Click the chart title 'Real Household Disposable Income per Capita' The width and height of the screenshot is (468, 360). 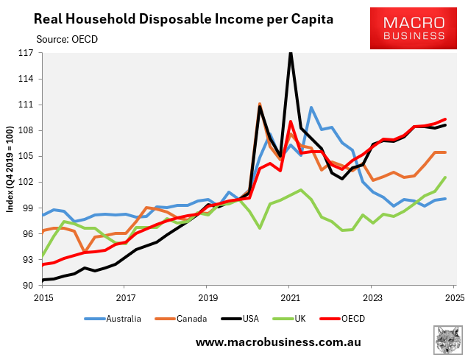click(172, 18)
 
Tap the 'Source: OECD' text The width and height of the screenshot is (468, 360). click(67, 38)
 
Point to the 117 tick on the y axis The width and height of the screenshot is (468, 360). click(26, 53)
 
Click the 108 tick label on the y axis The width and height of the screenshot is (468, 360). click(26, 130)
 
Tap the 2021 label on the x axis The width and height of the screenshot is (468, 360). click(290, 297)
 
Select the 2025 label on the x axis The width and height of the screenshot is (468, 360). click(454, 297)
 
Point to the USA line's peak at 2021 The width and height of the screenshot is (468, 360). click(291, 53)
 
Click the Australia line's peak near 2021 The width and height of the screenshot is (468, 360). click(311, 107)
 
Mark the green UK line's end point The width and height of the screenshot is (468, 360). click(445, 177)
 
